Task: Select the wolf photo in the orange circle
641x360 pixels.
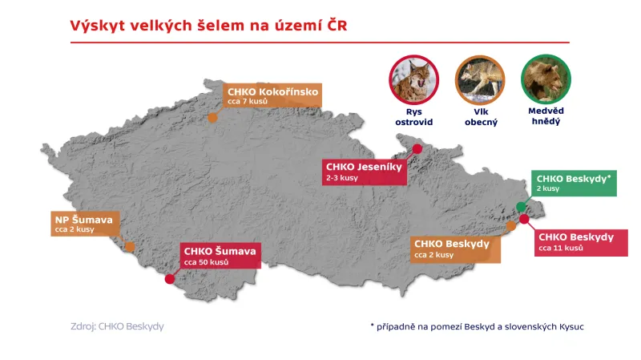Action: coord(481,77)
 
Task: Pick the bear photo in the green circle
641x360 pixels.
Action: coord(546,77)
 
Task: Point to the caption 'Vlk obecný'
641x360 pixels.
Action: coord(481,116)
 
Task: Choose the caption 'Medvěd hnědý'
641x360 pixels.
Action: coord(546,116)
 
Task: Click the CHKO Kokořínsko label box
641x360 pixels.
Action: coord(272,97)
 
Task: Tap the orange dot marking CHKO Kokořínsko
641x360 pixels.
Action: coord(212,118)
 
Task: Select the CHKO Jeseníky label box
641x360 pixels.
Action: coord(364,172)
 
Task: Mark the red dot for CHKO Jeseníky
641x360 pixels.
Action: coord(417,148)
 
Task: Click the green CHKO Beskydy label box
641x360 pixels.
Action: coord(574,183)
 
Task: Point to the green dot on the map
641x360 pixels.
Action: coord(520,207)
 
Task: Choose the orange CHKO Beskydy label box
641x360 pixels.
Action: coord(455,249)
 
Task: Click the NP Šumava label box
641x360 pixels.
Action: coord(83,223)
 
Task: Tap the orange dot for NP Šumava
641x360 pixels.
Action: coord(130,246)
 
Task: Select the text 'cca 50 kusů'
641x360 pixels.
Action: coord(207,262)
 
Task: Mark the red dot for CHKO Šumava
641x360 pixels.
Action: coord(169,279)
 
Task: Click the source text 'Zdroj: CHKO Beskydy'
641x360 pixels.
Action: coord(118,326)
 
